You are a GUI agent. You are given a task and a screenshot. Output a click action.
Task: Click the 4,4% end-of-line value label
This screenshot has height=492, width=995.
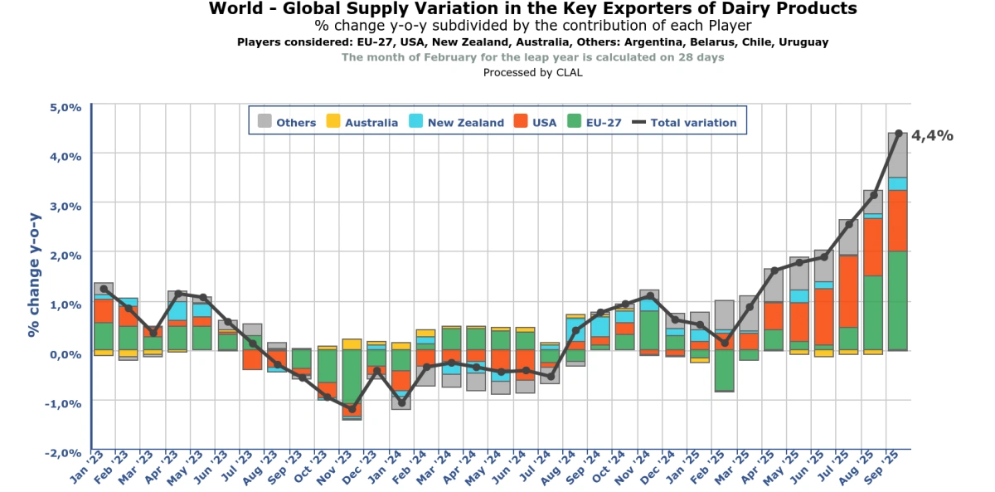pyautogui.click(x=933, y=136)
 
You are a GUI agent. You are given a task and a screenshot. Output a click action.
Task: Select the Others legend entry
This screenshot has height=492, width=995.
pyautogui.click(x=287, y=122)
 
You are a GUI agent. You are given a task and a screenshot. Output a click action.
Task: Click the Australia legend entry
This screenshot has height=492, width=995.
pyautogui.click(x=362, y=122)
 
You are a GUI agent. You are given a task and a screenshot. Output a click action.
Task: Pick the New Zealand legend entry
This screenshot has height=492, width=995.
pyautogui.click(x=456, y=122)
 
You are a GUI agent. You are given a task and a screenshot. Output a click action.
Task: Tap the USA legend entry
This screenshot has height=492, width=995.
pyautogui.click(x=536, y=122)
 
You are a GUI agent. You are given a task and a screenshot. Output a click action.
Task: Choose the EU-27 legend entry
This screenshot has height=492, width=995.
pyautogui.click(x=594, y=122)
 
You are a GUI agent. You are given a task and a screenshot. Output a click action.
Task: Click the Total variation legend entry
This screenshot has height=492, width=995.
pyautogui.click(x=684, y=122)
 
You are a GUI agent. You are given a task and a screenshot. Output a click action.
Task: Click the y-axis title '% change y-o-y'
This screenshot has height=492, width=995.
pyautogui.click(x=34, y=274)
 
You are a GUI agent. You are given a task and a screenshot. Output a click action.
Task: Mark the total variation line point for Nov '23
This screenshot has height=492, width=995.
pyautogui.click(x=352, y=409)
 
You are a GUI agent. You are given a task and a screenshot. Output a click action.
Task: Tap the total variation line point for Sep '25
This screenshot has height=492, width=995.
pyautogui.click(x=899, y=133)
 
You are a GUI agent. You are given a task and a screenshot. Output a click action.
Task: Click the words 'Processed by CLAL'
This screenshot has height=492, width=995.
pyautogui.click(x=532, y=72)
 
